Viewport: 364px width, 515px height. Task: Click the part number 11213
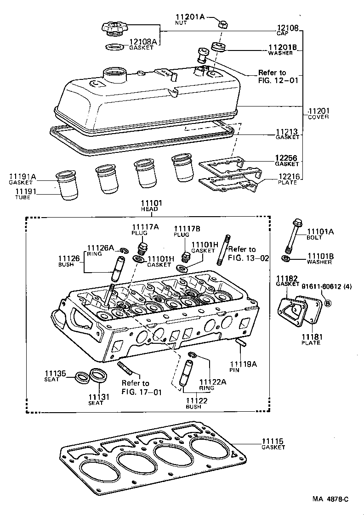click(287, 132)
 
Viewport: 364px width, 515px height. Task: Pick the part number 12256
click(286, 158)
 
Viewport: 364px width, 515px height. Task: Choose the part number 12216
click(287, 177)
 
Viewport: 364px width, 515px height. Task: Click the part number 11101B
click(320, 256)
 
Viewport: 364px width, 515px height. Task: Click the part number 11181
click(313, 337)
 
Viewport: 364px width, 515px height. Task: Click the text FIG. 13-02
click(248, 258)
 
